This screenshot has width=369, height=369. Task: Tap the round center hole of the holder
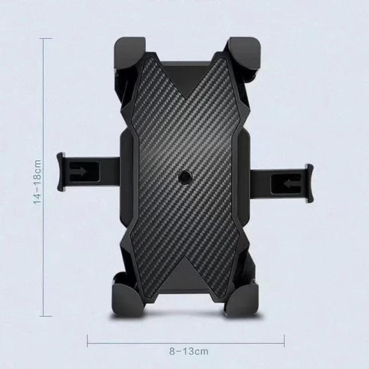click(x=184, y=178)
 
